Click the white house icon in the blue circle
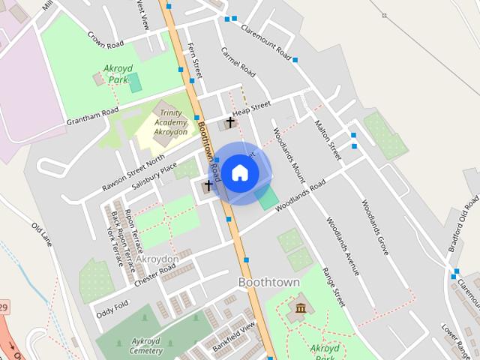click(239, 172)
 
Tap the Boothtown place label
click(268, 282)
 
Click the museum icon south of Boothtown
click(300, 308)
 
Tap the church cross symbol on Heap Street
click(230, 121)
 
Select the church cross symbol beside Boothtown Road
click(208, 185)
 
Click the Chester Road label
click(155, 274)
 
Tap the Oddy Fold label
click(112, 307)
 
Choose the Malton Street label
click(328, 139)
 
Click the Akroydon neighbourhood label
click(157, 259)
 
